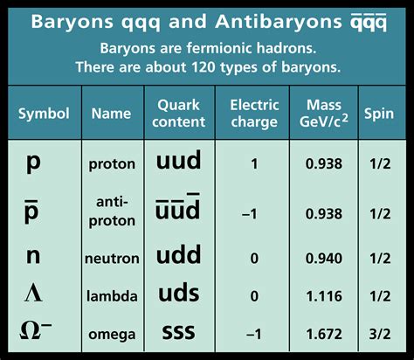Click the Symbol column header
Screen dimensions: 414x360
click(x=44, y=114)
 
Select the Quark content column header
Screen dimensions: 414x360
click(x=179, y=114)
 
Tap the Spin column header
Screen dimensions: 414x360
click(x=379, y=114)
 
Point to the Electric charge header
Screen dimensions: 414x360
click(x=254, y=114)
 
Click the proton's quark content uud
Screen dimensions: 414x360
click(x=178, y=160)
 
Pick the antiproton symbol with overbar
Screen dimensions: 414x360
click(x=31, y=212)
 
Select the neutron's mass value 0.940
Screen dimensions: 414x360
click(x=324, y=259)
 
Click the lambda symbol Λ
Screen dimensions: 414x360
click(x=33, y=294)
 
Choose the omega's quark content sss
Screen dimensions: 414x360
click(x=178, y=332)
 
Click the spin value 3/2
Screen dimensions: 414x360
click(x=380, y=334)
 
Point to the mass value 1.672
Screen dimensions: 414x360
click(x=324, y=334)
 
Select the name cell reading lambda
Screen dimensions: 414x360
click(x=112, y=296)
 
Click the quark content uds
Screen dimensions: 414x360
click(x=179, y=293)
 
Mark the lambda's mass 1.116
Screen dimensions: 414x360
click(x=324, y=296)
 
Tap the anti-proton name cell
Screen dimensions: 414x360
click(x=112, y=211)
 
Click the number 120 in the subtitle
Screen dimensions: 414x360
click(x=204, y=67)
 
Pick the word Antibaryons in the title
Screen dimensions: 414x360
click(x=279, y=22)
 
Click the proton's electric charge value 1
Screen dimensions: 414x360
click(x=254, y=164)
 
